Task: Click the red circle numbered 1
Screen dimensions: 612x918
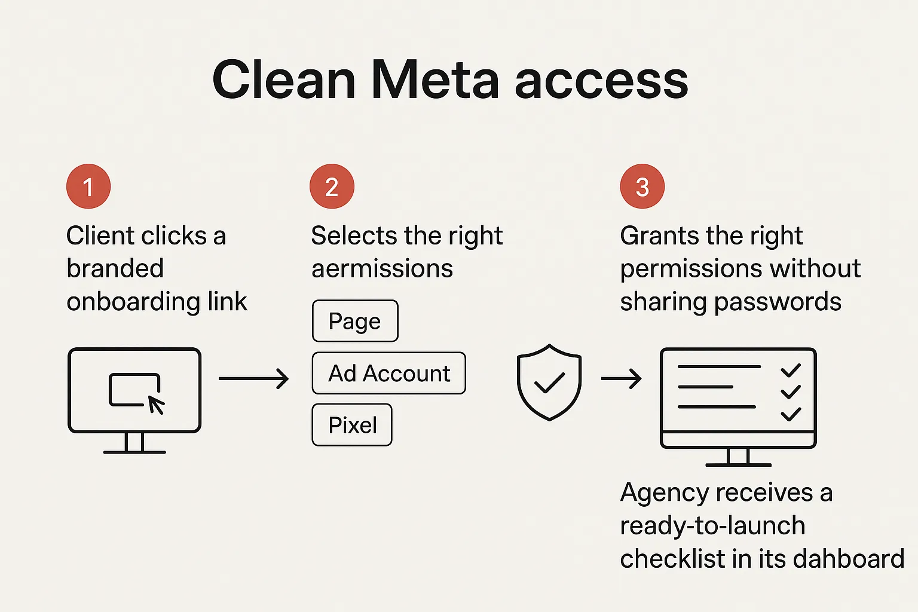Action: (x=88, y=186)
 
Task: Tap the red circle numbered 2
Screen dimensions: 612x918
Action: (x=332, y=186)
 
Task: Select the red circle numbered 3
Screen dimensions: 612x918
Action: (x=642, y=186)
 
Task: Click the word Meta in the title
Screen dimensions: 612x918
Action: (x=434, y=80)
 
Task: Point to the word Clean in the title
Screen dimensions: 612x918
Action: (x=284, y=80)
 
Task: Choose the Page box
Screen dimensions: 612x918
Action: (x=355, y=321)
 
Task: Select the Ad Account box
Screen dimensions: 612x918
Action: (x=388, y=373)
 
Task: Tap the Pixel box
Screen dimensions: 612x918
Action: (x=352, y=425)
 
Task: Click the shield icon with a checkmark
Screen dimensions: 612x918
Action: (x=549, y=382)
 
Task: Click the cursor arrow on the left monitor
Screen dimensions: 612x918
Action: (x=156, y=405)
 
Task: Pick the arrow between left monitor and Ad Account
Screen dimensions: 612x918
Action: (x=253, y=378)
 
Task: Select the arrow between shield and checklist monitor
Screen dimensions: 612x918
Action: (x=621, y=378)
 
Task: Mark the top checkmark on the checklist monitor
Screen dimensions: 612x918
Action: (x=791, y=371)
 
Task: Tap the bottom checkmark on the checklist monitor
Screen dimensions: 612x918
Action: (x=791, y=414)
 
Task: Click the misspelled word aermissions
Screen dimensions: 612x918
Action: (x=382, y=269)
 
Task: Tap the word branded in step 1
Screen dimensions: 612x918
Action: (x=115, y=269)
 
